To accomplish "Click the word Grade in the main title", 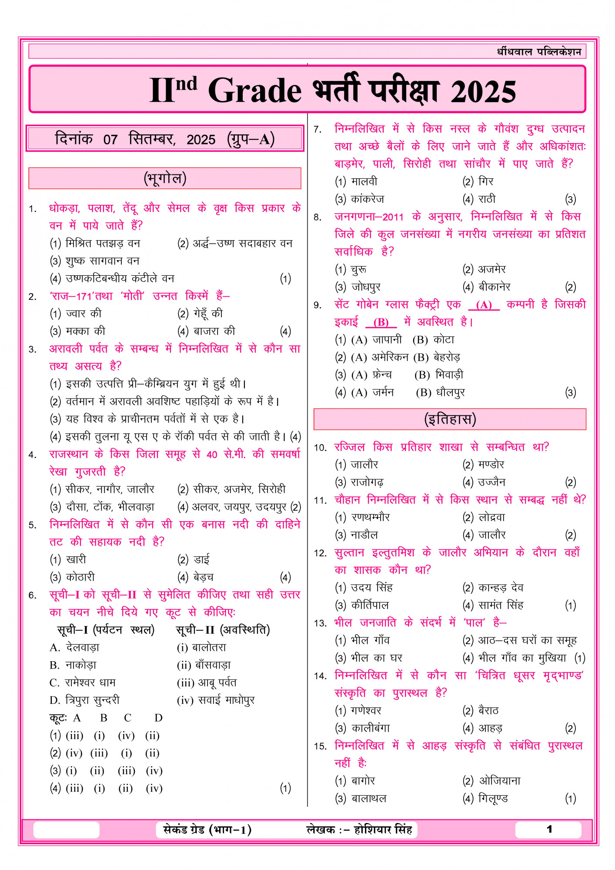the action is coord(254,91).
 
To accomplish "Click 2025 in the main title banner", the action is coord(483,92).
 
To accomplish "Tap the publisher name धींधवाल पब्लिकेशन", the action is coord(539,52).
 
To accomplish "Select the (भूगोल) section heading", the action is coord(165,178).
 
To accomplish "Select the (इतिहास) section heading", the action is coord(450,419).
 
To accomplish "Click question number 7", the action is coord(318,130).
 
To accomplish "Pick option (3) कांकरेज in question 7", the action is coord(360,199).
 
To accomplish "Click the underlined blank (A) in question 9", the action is coord(484,305).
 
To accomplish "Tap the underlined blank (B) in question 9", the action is coord(381,322).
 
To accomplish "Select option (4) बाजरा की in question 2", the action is coord(206,331).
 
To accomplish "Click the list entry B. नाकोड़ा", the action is coord(73,665).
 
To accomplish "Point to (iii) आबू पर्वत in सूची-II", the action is coord(207,683).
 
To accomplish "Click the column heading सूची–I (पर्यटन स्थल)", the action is coord(106,630).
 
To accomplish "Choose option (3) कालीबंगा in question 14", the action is coord(362,728).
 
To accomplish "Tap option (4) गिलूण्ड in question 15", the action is coord(485,798).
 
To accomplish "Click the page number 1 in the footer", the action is coord(549,830).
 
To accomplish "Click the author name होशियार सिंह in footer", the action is coord(383,830).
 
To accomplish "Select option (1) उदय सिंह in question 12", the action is coord(364,588).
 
